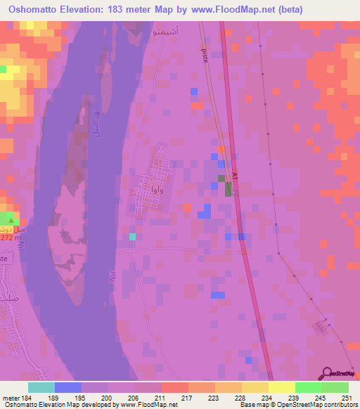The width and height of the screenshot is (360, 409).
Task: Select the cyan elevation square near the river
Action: (132, 236)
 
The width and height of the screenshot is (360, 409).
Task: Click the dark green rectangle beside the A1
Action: (229, 188)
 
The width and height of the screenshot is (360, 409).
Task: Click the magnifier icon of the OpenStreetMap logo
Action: (328, 373)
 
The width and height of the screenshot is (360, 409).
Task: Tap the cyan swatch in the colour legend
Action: (41, 387)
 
